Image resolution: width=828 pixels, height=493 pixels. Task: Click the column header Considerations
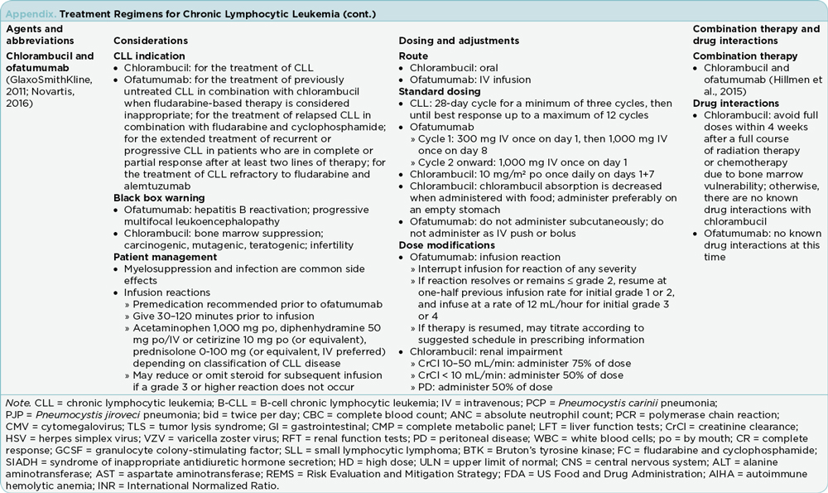[x=150, y=41]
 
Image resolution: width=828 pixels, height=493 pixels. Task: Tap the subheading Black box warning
[x=158, y=198]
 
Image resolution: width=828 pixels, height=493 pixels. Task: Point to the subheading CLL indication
[x=145, y=56]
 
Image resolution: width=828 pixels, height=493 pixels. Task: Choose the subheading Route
[x=413, y=56]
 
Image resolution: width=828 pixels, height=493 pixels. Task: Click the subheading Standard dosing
[x=439, y=91]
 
